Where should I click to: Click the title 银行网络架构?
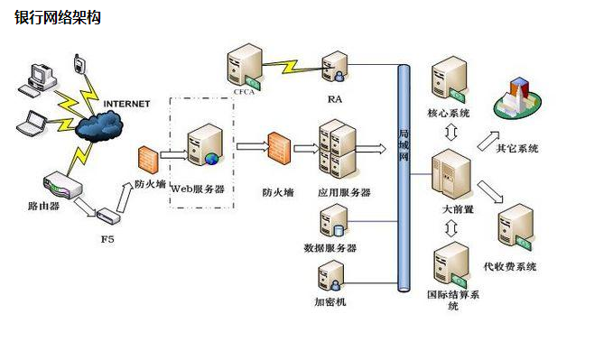pyautogui.click(x=57, y=17)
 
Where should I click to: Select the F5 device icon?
pyautogui.click(x=107, y=217)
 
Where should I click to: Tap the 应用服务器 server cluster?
pyautogui.click(x=338, y=149)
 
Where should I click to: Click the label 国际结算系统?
pyautogui.click(x=453, y=299)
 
